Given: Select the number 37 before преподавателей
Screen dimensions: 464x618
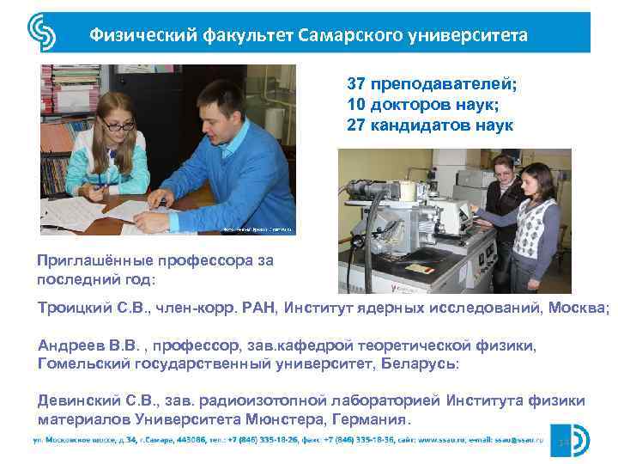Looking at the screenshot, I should coord(356,85).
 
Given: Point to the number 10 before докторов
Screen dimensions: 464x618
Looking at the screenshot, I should coord(356,105).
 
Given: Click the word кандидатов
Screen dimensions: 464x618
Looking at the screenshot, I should coord(426,125).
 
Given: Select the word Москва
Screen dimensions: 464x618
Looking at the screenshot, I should coord(580,307).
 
